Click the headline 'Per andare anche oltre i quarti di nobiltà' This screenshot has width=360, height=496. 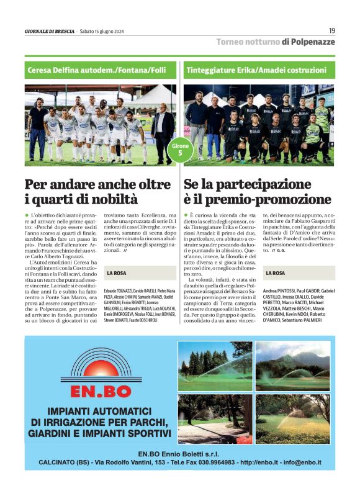97,192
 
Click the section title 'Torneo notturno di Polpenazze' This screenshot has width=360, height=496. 275,42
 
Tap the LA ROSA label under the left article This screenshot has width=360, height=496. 117,273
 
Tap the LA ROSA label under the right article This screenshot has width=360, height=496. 275,273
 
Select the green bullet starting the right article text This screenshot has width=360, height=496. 186,214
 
